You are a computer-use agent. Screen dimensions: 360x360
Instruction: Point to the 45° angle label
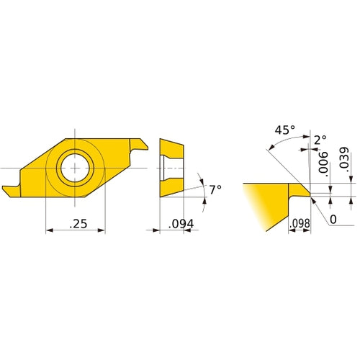[284, 131]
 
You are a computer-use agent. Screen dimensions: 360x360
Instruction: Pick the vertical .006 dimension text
[323, 166]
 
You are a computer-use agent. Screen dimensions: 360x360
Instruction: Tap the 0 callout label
[333, 219]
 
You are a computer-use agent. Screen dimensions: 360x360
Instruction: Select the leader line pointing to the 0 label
[320, 210]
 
